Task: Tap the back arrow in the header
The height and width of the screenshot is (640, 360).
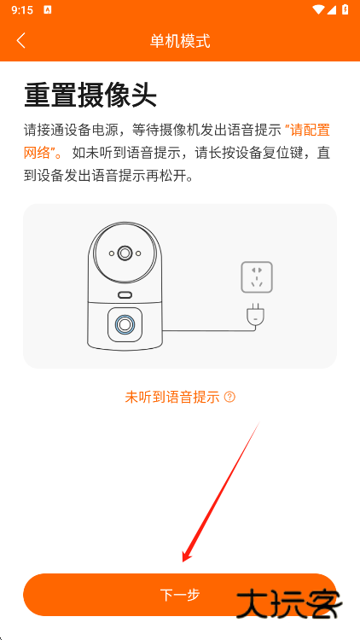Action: tap(21, 40)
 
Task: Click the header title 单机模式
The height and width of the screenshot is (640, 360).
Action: tap(180, 40)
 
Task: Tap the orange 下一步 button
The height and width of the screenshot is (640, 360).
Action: tap(180, 595)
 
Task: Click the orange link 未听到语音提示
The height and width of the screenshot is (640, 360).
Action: tap(172, 397)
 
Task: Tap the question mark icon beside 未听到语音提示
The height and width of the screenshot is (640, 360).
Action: tap(229, 397)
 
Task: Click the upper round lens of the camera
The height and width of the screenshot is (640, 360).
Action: tap(125, 253)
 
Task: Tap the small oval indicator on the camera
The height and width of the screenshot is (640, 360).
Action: tap(125, 294)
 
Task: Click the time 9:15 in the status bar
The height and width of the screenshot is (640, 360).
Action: tap(22, 9)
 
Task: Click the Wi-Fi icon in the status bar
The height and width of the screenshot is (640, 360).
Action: tap(319, 9)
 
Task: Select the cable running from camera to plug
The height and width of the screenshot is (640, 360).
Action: tap(205, 330)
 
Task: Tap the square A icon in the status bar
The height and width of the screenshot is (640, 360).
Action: tap(47, 9)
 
